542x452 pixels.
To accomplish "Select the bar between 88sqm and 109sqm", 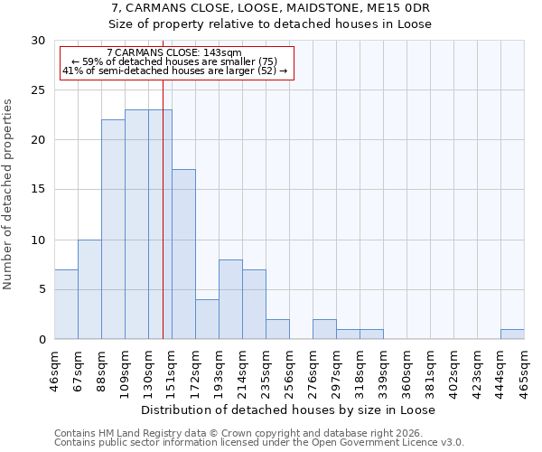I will (113, 230).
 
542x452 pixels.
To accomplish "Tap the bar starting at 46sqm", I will (66, 305).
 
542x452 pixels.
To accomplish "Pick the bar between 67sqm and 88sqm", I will (89, 289).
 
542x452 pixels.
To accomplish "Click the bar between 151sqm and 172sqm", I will (183, 254).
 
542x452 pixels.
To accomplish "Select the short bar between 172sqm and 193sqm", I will (207, 319).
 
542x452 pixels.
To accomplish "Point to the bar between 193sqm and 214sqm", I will (230, 299).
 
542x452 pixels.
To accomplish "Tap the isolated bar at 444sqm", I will (512, 334).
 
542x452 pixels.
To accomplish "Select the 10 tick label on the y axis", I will (38, 240).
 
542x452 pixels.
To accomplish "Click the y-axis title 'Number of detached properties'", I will (8, 194).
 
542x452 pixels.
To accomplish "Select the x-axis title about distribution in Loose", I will (288, 410).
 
